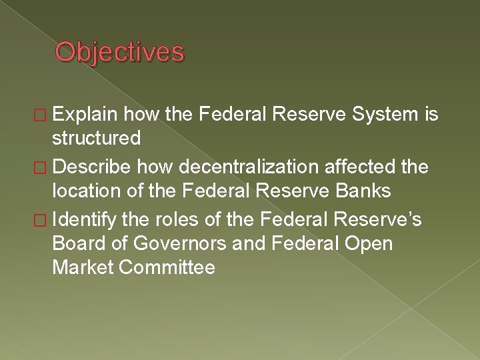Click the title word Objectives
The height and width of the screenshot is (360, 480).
[x=119, y=52]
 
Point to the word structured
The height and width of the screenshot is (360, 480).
[x=97, y=139]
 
